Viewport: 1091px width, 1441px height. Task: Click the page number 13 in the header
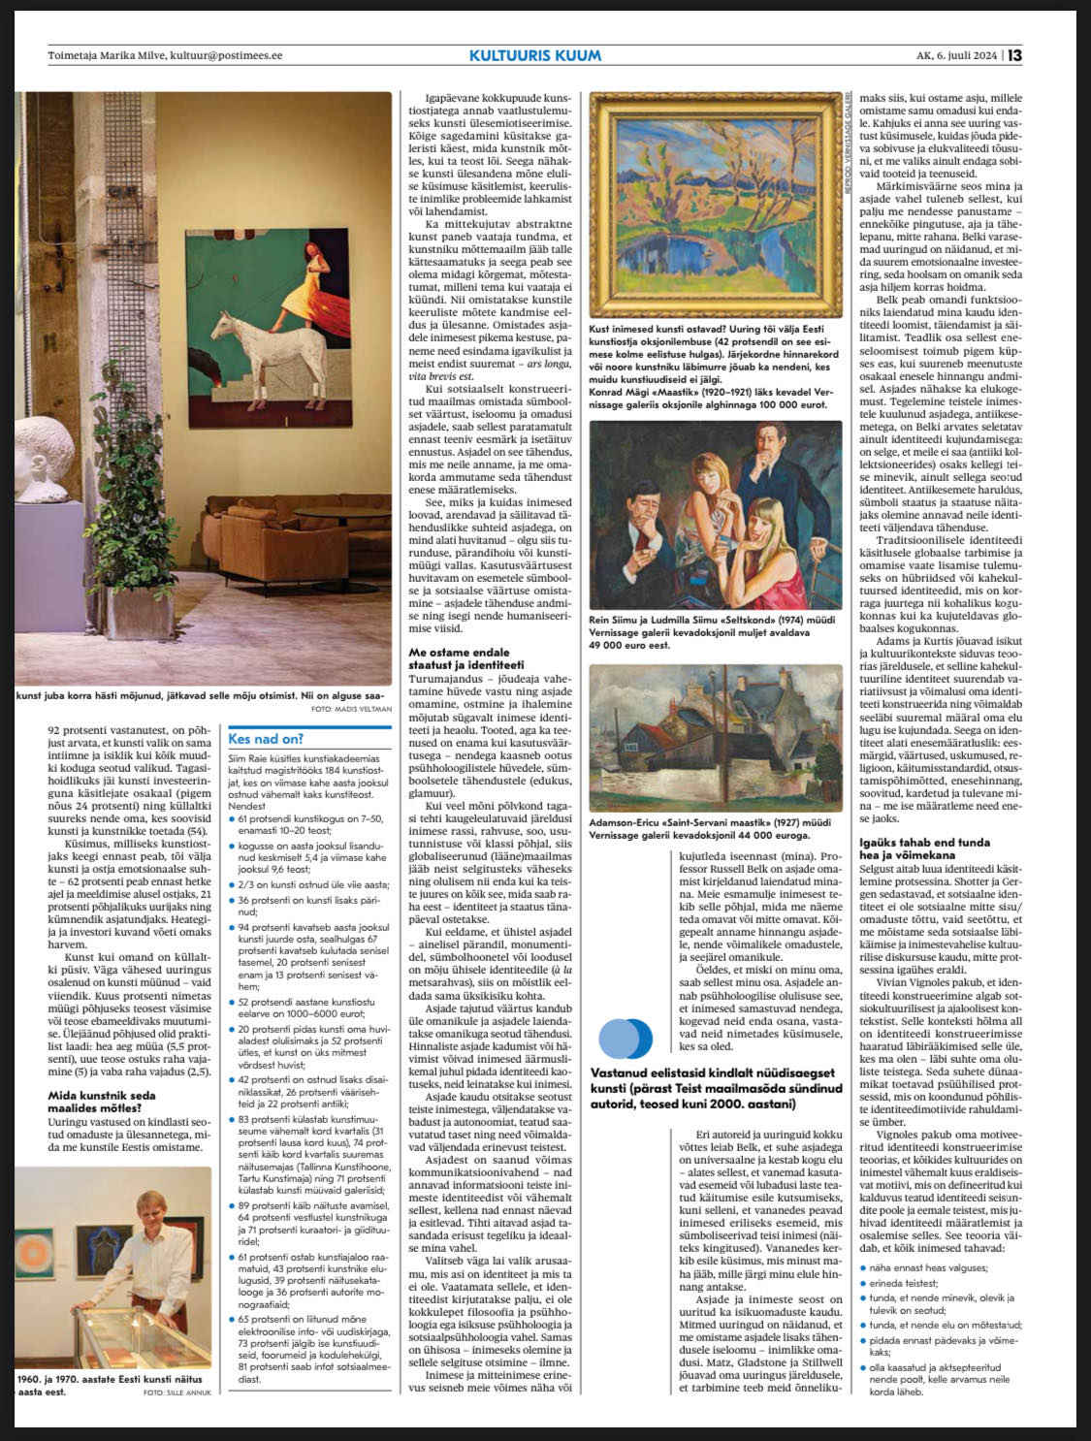[1014, 55]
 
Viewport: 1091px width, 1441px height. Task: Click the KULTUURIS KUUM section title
[534, 55]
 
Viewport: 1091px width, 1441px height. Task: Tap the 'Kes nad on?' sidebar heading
[265, 738]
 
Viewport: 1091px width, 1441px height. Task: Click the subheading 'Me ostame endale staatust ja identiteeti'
[465, 658]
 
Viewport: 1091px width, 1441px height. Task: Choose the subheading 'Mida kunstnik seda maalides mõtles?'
[102, 1102]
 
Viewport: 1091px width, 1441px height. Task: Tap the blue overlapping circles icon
[625, 1039]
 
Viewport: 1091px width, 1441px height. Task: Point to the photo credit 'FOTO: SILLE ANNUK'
[176, 1393]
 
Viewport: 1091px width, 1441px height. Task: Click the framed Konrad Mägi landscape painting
[716, 205]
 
